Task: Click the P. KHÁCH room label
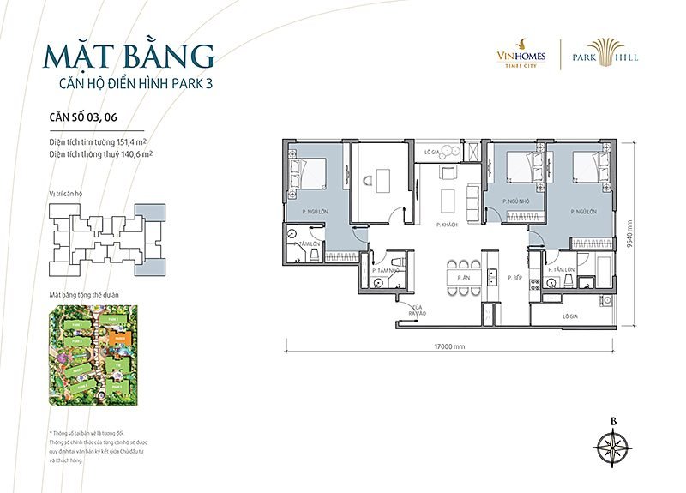445,224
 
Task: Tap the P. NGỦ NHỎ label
513,201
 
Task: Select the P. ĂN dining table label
463,279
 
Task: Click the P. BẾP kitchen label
514,279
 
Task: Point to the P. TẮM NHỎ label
388,270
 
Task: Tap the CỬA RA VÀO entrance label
418,310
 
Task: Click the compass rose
613,446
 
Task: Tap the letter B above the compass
613,420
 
